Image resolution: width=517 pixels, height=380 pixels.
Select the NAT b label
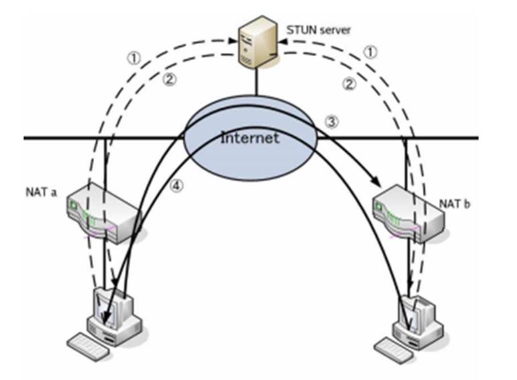point(455,203)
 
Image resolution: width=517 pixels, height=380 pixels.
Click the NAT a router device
point(103,213)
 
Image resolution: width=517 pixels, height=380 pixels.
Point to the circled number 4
point(176,187)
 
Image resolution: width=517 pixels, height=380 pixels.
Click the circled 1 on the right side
point(372,52)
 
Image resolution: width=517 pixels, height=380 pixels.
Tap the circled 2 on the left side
point(169,78)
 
